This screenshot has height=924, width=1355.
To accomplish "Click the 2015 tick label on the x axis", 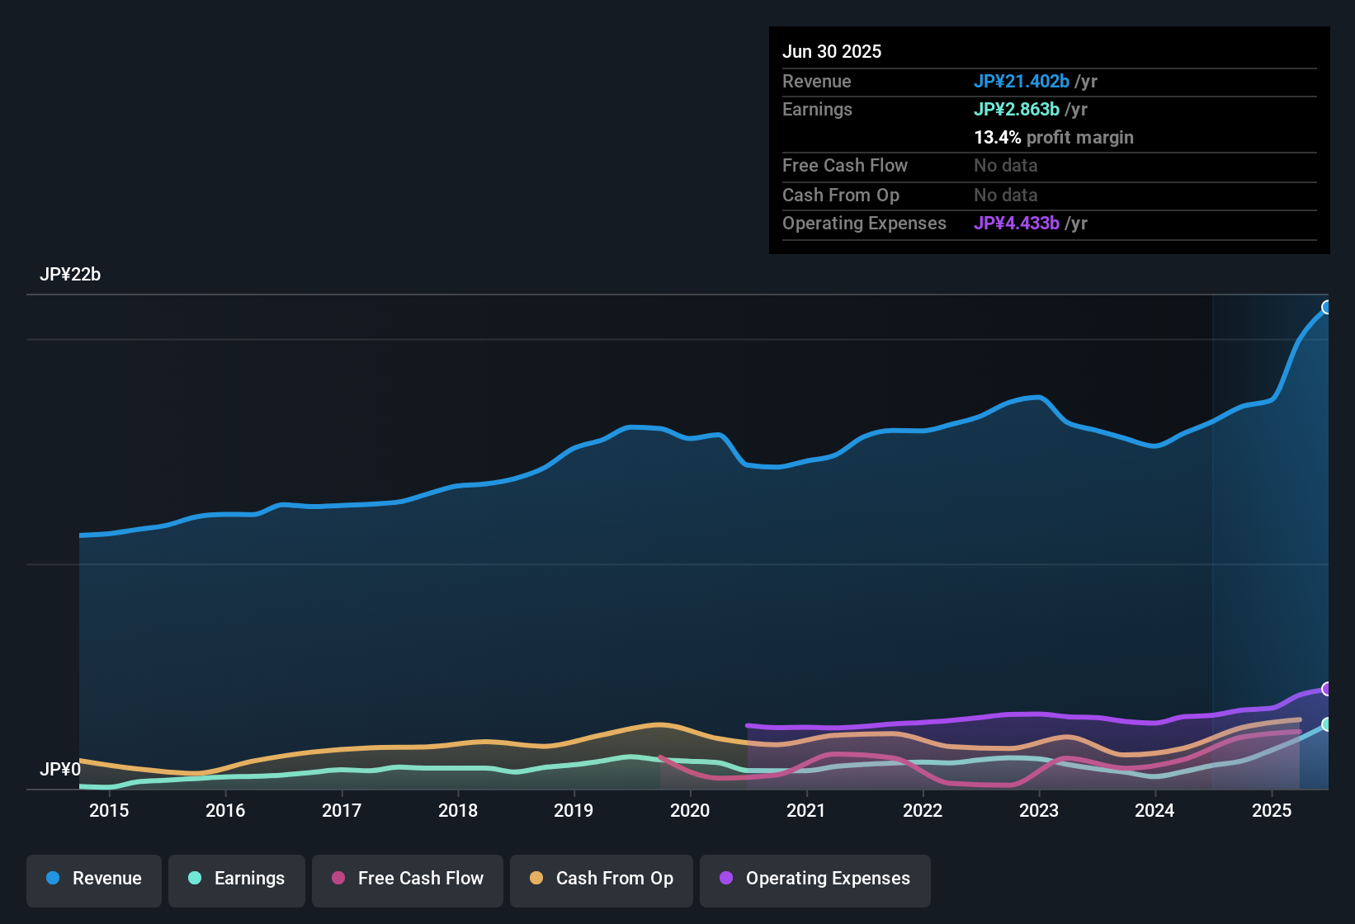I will click(109, 810).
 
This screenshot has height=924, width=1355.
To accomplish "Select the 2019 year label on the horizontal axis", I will click(574, 810).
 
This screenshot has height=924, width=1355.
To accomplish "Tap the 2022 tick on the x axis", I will click(923, 810).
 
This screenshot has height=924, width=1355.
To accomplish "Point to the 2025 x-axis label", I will click(1272, 810).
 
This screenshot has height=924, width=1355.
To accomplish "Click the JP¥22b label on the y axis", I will click(70, 275).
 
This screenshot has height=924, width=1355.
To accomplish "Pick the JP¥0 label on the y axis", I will click(60, 770).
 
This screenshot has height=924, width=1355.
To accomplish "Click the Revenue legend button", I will click(94, 879).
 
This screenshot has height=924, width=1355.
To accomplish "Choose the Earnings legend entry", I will click(237, 879).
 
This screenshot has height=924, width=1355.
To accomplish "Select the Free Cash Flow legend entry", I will click(408, 879).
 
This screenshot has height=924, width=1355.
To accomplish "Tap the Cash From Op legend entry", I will click(602, 879).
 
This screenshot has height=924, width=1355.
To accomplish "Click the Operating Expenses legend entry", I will click(815, 879).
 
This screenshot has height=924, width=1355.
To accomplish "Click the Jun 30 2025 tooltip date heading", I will click(832, 51).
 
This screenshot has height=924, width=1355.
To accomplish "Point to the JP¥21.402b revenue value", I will click(1022, 81).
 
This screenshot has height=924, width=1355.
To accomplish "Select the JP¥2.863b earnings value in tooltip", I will click(1017, 109).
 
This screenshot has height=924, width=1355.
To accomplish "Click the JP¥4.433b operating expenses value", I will click(1017, 223).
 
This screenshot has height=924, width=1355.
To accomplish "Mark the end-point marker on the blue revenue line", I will click(1327, 308).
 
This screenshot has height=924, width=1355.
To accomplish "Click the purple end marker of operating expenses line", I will click(1327, 689).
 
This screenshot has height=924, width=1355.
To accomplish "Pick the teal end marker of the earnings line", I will click(1327, 724).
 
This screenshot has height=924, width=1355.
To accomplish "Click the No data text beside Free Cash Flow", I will click(1006, 165).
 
